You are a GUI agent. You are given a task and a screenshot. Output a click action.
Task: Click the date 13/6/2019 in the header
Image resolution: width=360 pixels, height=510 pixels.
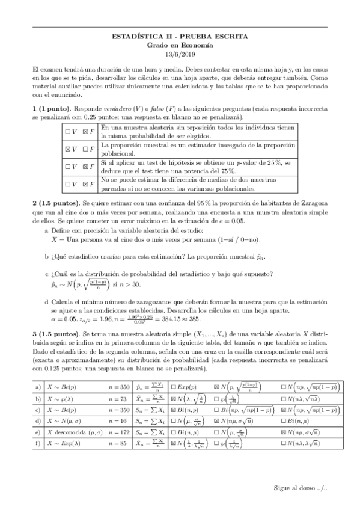(x=180, y=54)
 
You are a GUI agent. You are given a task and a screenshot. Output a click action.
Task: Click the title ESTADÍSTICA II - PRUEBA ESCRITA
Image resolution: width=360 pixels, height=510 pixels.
(x=180, y=37)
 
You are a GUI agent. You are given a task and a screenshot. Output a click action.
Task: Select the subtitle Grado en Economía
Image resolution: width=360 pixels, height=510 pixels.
(x=180, y=45)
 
